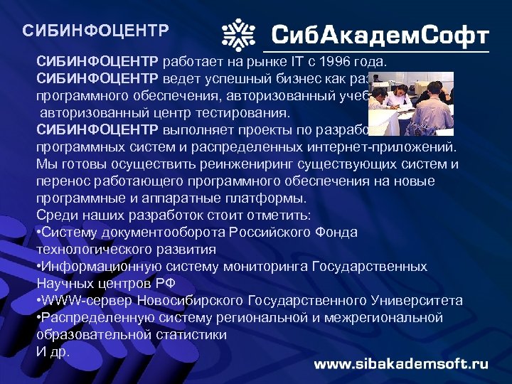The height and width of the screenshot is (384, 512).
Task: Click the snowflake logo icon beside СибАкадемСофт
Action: [238, 34]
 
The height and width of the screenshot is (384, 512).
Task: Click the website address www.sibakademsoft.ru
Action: [401, 363]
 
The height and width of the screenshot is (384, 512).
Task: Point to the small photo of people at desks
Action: [410, 99]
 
